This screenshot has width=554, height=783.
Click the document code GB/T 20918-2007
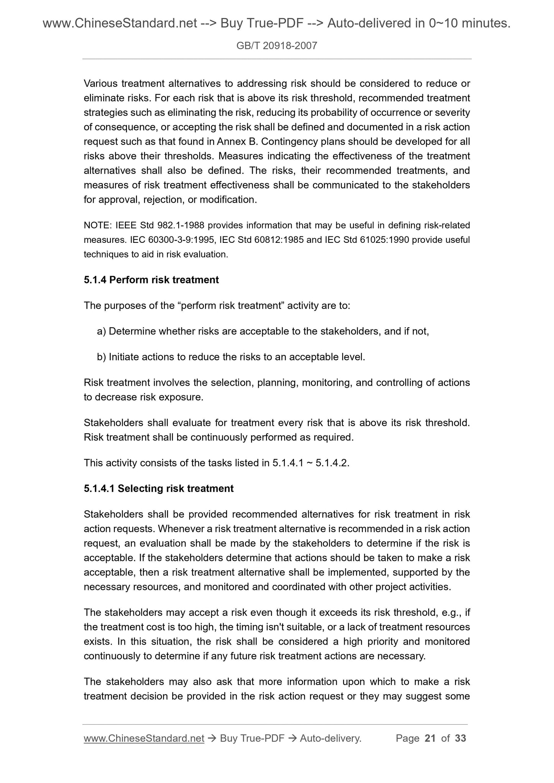[x=277, y=46]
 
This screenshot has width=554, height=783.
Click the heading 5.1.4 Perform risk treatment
[x=151, y=280]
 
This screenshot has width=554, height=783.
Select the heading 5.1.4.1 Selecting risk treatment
[x=158, y=489]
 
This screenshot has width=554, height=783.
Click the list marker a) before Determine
[x=102, y=331]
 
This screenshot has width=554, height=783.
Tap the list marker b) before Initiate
[x=102, y=357]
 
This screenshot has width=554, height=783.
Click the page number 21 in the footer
[x=430, y=738]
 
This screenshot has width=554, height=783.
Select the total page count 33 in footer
[x=460, y=738]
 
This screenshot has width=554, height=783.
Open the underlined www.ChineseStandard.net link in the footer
[x=144, y=738]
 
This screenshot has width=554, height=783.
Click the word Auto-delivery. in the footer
[x=331, y=738]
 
